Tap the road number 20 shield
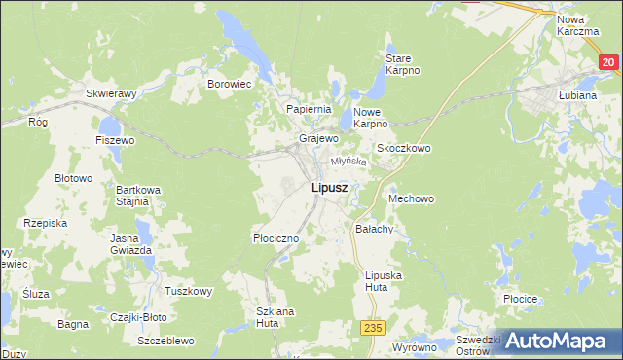[x=607, y=62]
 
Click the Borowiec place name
[x=230, y=84]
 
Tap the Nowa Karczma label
[x=577, y=25]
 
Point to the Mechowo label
[x=410, y=198]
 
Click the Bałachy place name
[x=374, y=230]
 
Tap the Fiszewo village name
[x=114, y=140]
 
